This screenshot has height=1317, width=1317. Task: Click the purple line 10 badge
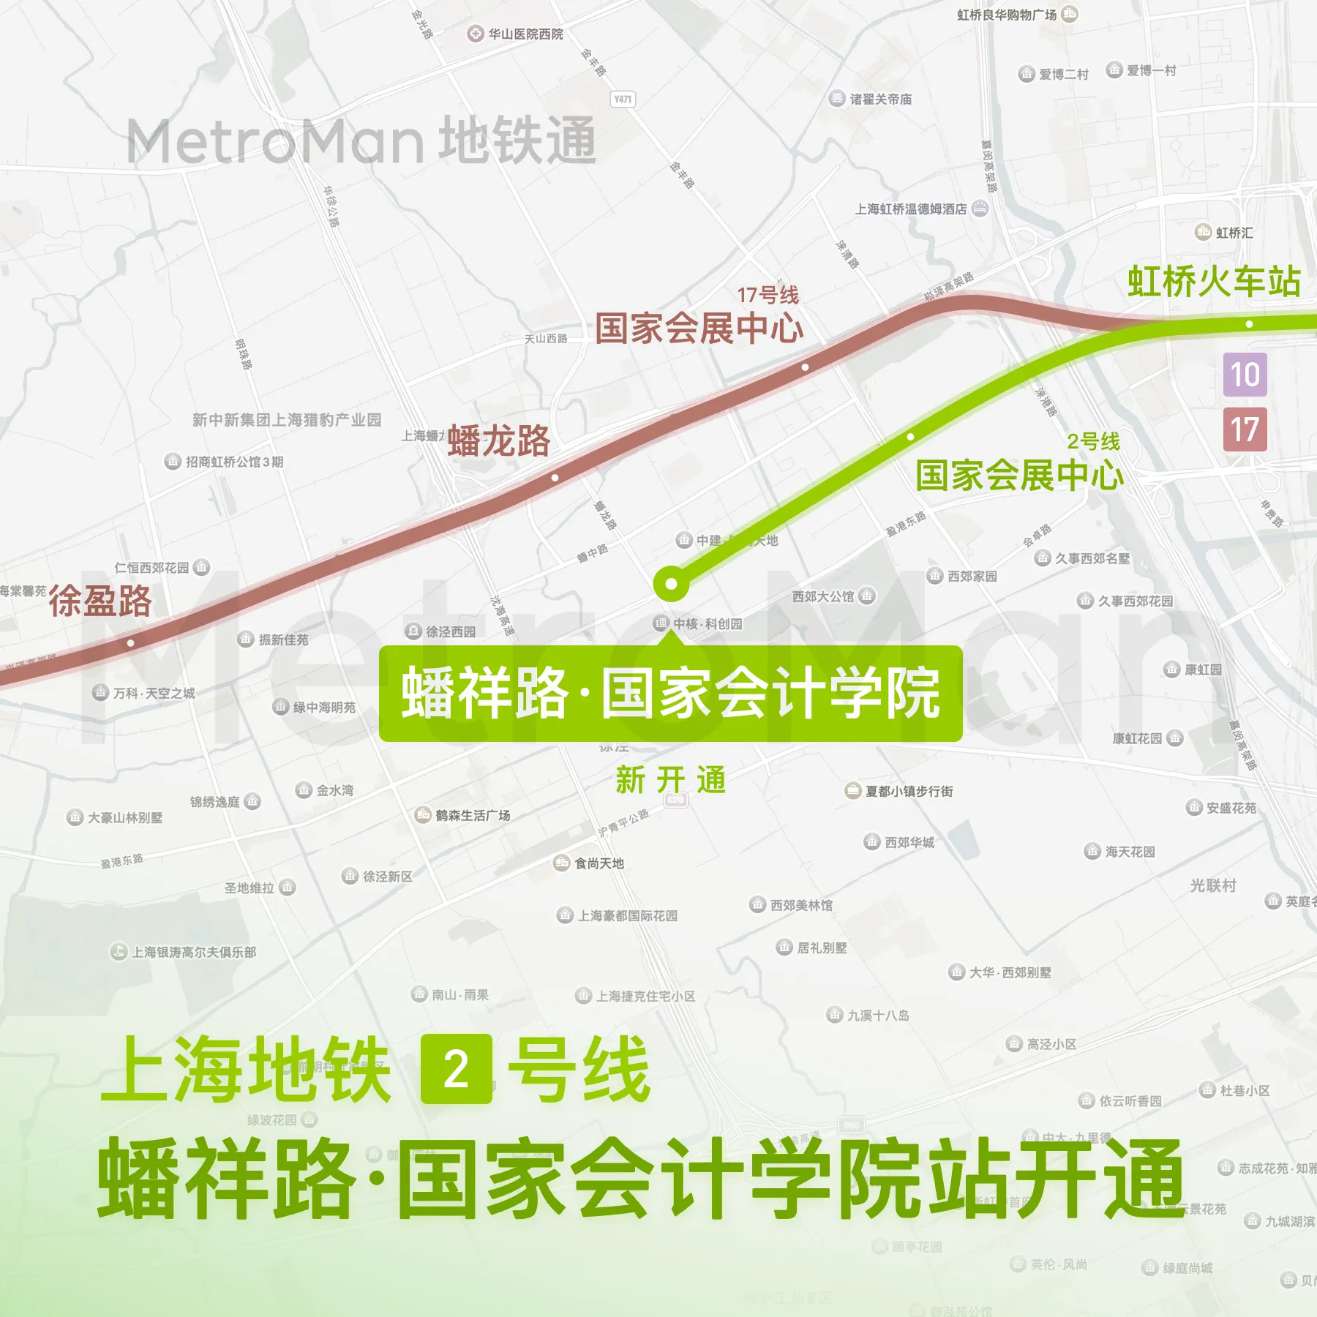1245,375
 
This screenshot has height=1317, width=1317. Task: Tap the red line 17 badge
1245,429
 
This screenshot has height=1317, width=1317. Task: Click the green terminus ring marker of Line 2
671,584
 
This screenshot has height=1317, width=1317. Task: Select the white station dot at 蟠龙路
555,478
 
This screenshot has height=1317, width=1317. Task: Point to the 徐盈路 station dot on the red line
130,643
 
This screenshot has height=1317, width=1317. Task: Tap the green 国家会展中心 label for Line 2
1019,476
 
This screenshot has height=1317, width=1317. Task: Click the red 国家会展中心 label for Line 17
699,328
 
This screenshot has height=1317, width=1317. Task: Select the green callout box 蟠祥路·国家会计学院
670,693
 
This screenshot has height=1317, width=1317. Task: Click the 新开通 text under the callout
670,780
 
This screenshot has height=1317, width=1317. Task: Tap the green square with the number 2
457,1069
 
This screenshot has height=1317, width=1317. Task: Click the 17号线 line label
768,295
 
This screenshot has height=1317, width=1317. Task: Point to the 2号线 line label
1093,441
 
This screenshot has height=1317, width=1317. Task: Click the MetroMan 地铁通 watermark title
361,140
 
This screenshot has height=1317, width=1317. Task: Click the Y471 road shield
623,99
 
